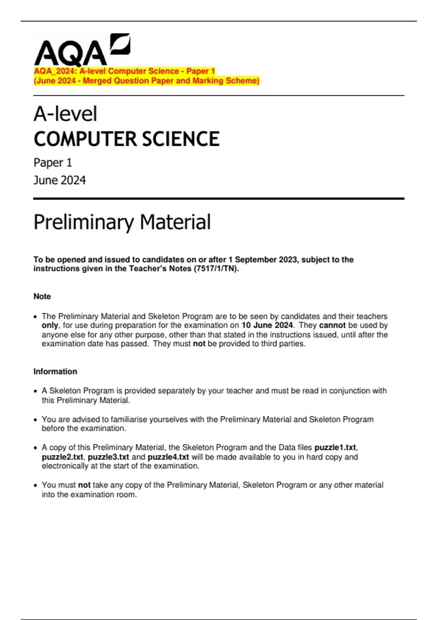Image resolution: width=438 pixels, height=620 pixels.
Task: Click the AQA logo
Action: [82, 50]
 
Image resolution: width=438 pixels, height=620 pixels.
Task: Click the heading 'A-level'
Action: [65, 114]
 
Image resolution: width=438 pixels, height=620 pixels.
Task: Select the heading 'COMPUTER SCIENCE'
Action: [126, 139]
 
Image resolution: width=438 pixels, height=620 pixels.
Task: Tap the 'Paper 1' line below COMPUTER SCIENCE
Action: [53, 163]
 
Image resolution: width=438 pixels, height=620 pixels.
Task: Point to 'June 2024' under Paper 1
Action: [59, 180]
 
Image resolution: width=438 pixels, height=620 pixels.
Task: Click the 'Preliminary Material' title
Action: [122, 222]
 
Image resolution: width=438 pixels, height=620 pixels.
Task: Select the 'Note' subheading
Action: [42, 297]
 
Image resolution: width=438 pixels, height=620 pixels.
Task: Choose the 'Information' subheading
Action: [55, 372]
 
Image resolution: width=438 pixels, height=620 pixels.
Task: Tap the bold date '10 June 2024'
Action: [267, 325]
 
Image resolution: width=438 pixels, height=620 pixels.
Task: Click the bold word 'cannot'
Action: [332, 325]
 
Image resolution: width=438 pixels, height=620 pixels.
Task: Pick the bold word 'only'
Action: [50, 325]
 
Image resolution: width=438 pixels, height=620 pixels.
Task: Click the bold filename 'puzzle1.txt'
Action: [335, 447]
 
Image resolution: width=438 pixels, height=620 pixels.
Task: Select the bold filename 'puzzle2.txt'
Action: [62, 457]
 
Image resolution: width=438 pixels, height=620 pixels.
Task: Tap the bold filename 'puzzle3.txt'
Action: [108, 457]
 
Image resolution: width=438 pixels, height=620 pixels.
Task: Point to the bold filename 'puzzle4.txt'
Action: [168, 457]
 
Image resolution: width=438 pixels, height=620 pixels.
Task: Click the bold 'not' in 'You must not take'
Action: [84, 485]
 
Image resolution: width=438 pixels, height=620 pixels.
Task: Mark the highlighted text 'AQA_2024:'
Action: [55, 71]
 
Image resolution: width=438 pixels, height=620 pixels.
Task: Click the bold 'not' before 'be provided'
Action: [199, 344]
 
